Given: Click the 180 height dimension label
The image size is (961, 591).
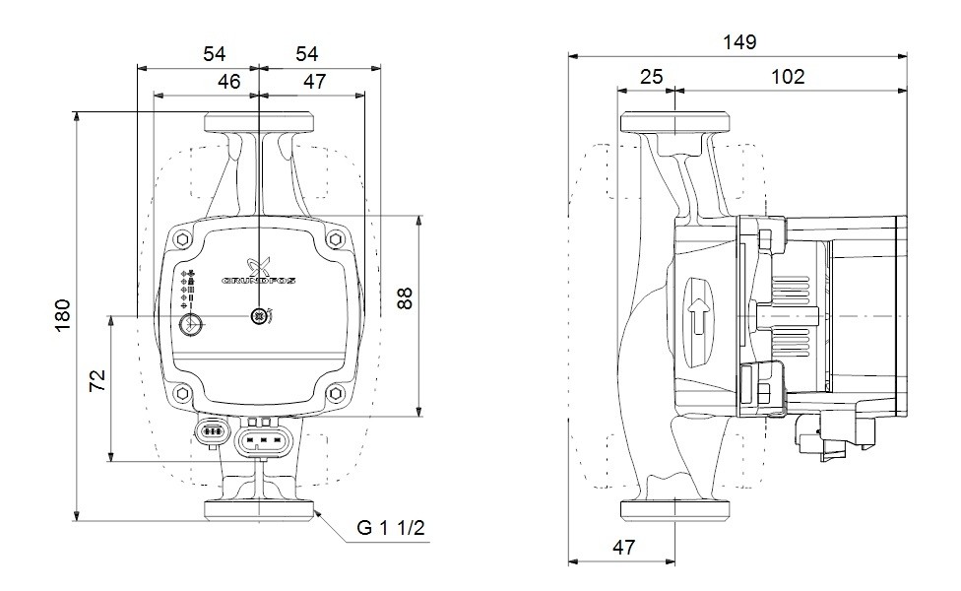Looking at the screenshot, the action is [x=63, y=315].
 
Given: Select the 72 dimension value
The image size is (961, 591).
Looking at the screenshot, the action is [x=97, y=380].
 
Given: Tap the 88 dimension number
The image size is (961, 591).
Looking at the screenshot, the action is [x=405, y=297].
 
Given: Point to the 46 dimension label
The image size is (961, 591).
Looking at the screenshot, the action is [x=229, y=81].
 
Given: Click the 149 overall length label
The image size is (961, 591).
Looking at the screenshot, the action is [x=739, y=42].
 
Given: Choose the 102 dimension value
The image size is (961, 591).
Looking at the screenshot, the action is [x=788, y=77].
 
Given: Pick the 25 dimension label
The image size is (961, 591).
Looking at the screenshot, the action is [x=652, y=77].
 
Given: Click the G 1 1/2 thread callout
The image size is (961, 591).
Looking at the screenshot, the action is [x=390, y=527].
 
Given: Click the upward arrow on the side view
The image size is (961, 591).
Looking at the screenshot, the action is [x=697, y=317].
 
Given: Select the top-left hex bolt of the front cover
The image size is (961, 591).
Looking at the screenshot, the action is [x=182, y=239].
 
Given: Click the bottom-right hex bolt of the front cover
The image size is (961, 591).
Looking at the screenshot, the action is [x=335, y=392].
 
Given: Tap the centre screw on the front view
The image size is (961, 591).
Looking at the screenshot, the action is [x=259, y=316].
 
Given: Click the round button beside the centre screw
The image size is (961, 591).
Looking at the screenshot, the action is [x=190, y=324].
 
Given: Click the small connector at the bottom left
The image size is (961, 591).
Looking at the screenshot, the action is [x=212, y=431].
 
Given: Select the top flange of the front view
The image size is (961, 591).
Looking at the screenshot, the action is [x=259, y=122].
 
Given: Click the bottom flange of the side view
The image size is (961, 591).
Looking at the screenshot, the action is [x=674, y=509].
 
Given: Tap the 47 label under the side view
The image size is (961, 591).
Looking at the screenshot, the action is [x=624, y=547].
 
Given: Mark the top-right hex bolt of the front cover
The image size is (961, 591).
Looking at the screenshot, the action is [x=335, y=239].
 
